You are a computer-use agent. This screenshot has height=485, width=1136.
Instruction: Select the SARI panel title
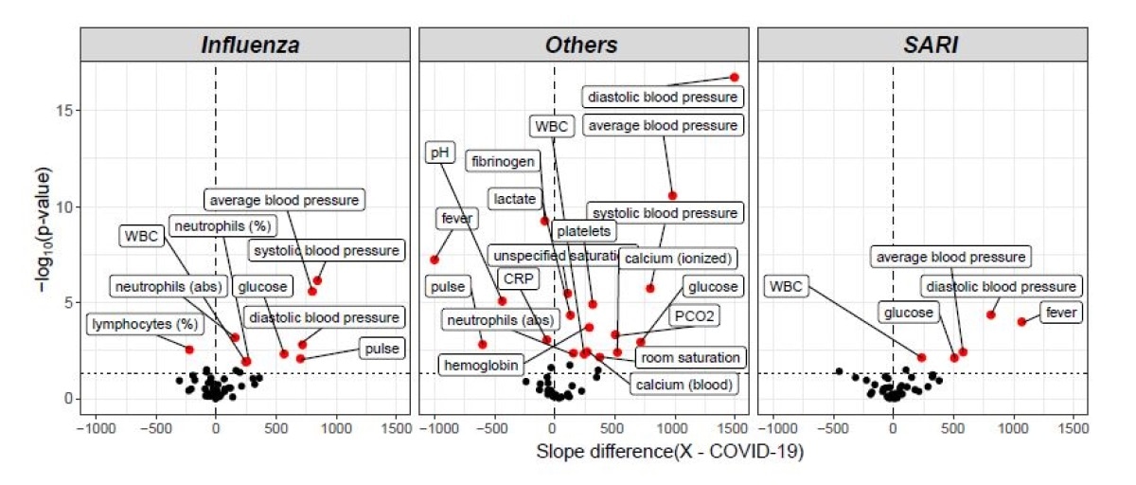tap(922, 45)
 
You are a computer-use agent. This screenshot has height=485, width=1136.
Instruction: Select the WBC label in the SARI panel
tap(786, 286)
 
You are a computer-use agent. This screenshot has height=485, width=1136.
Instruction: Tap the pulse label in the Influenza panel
tap(381, 349)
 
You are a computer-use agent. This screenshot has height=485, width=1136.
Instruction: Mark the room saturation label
tap(688, 357)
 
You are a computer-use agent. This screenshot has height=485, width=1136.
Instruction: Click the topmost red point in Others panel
tap(734, 77)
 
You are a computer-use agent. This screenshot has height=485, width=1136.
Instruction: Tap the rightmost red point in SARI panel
tap(1021, 322)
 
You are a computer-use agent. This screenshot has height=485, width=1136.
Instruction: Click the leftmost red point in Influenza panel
tap(189, 350)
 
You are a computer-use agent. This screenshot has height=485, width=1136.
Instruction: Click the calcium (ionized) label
tap(677, 259)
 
